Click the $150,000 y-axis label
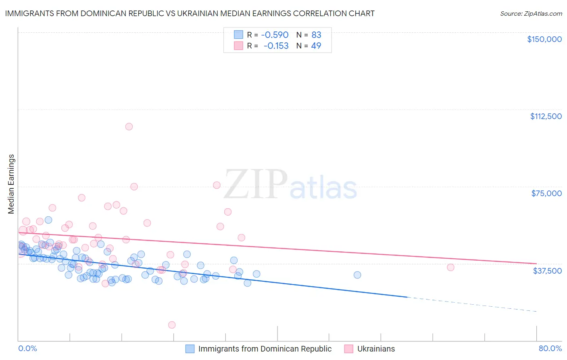[x=544, y=39]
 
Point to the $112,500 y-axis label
[x=546, y=116]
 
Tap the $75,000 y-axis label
[x=546, y=193]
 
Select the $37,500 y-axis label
[x=547, y=270]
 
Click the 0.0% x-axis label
[x=27, y=348]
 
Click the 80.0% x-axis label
[x=550, y=348]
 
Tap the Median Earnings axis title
[x=11, y=184]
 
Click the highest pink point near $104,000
[x=129, y=127]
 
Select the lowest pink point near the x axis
[x=172, y=325]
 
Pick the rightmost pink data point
[x=450, y=267]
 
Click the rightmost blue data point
[x=357, y=275]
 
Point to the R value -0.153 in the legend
[x=276, y=46]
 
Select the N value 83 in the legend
[x=316, y=35]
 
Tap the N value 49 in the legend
[x=316, y=46]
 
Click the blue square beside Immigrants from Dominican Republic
[x=190, y=349]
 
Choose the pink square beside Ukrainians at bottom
[x=349, y=349]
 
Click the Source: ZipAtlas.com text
[x=531, y=14]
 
